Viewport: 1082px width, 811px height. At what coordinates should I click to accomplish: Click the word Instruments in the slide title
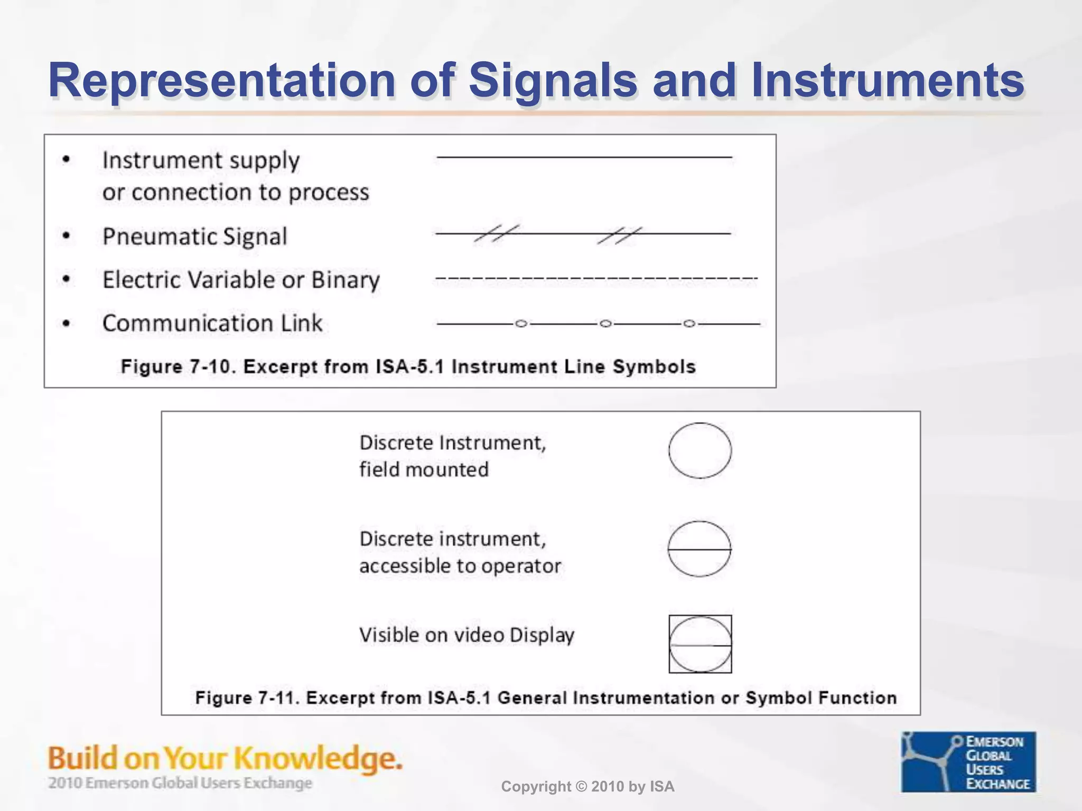[x=888, y=80]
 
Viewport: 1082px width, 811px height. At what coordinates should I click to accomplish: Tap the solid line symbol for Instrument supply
[x=584, y=157]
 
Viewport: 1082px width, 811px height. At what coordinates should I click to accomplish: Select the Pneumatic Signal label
[x=195, y=236]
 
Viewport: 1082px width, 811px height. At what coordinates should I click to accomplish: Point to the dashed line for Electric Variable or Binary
[x=596, y=278]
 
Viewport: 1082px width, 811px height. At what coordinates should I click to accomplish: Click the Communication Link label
[x=212, y=323]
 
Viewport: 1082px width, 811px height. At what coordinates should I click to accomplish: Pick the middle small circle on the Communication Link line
[x=606, y=323]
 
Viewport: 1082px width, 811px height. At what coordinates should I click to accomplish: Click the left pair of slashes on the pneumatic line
[x=496, y=233]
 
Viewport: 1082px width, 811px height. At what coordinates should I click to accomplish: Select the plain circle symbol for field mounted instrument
[x=700, y=450]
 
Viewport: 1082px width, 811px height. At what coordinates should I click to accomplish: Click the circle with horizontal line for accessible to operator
[x=700, y=549]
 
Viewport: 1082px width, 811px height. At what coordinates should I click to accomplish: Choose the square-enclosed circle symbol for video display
[x=700, y=644]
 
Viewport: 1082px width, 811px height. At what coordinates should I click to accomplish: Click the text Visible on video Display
[x=467, y=635]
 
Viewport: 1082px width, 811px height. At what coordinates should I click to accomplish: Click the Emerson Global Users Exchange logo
[x=968, y=761]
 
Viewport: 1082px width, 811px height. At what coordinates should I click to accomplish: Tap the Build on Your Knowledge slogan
[x=225, y=758]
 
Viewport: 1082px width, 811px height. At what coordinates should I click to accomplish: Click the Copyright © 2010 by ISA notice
[x=587, y=787]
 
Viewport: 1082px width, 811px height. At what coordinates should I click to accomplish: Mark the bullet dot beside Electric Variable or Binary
[x=66, y=279]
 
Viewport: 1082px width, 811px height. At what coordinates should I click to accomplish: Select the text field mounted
[x=424, y=469]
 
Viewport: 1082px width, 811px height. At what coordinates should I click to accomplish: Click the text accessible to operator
[x=460, y=566]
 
